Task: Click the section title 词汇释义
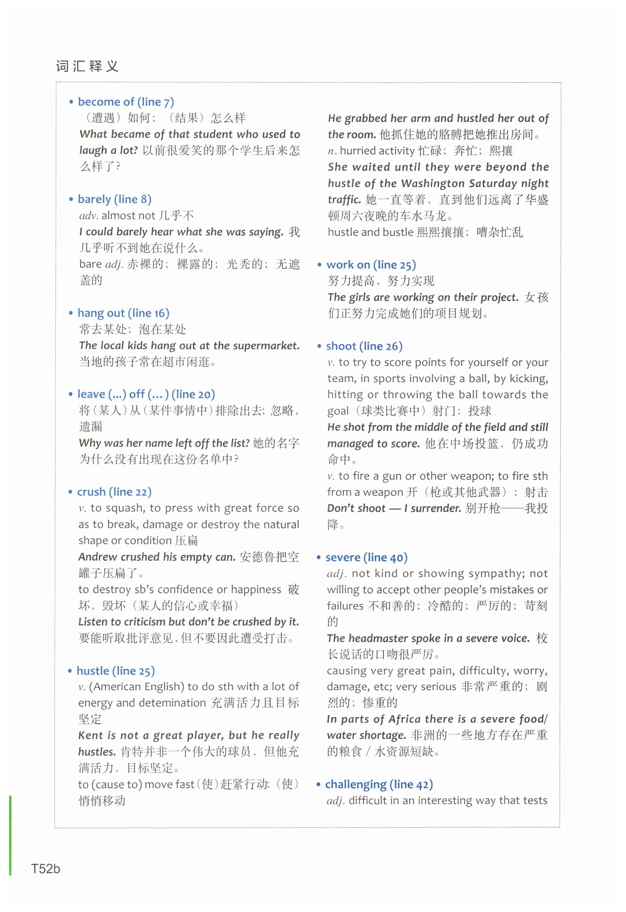click(x=87, y=66)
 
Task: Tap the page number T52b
click(x=45, y=869)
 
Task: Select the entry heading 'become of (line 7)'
click(x=126, y=102)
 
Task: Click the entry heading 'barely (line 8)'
click(x=114, y=199)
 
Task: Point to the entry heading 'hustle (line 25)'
click(x=116, y=671)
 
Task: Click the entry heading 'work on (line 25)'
click(x=371, y=265)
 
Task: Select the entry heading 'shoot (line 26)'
click(x=364, y=346)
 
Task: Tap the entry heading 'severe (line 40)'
click(x=366, y=557)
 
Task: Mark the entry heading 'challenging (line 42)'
click(x=379, y=784)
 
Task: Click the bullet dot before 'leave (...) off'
click(x=70, y=394)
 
